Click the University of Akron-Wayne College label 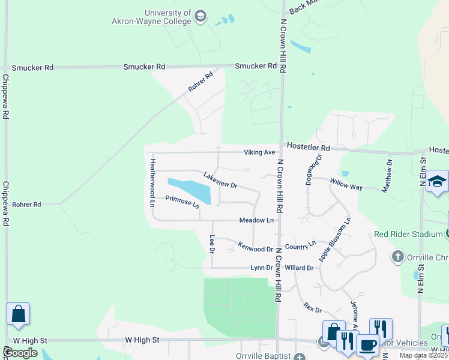168,16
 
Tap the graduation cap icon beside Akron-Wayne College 201,16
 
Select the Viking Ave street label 259,152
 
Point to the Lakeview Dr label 220,181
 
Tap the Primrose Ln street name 182,202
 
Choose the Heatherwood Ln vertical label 152,182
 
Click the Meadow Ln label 256,221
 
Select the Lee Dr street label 211,244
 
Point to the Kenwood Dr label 255,247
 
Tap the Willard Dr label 299,268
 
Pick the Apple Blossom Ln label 335,239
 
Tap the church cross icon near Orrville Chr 397,257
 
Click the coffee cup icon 367,346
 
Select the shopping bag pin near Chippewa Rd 18,314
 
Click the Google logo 20,353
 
